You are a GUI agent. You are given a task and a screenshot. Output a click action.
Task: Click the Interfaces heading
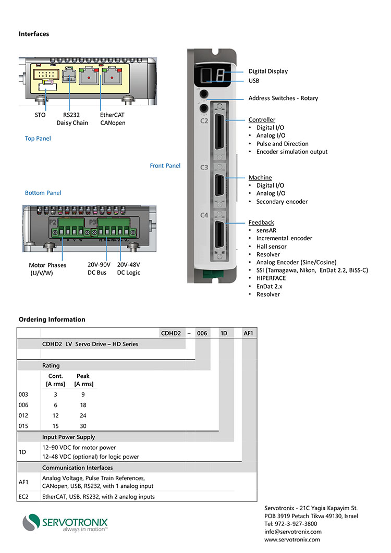click(34, 34)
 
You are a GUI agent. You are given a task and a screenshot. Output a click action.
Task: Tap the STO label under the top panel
click(40, 115)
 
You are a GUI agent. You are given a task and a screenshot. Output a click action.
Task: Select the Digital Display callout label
click(268, 71)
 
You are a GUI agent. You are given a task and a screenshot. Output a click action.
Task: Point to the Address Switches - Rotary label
click(283, 98)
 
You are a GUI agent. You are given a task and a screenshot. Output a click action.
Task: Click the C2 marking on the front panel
click(204, 121)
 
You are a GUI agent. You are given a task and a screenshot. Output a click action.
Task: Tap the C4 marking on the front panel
click(204, 215)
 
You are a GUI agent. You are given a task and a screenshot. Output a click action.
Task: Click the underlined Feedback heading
click(261, 223)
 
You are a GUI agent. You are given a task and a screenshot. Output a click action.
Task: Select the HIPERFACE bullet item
click(271, 278)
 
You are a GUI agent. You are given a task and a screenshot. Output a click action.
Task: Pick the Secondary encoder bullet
click(282, 202)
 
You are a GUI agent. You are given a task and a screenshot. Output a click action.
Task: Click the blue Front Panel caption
click(165, 166)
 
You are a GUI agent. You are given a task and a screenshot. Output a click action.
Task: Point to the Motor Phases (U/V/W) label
click(47, 269)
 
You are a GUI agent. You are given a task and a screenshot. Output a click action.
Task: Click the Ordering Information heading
click(52, 319)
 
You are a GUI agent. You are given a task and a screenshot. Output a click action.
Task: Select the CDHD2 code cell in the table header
click(171, 333)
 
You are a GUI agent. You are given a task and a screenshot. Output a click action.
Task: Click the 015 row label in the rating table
click(23, 426)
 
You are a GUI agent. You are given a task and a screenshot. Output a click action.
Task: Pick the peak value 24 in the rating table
click(83, 415)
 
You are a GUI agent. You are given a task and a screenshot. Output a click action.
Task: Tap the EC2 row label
click(23, 497)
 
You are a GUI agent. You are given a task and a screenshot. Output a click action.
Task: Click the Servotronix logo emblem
click(34, 522)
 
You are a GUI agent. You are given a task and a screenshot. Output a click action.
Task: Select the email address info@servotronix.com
click(293, 532)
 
